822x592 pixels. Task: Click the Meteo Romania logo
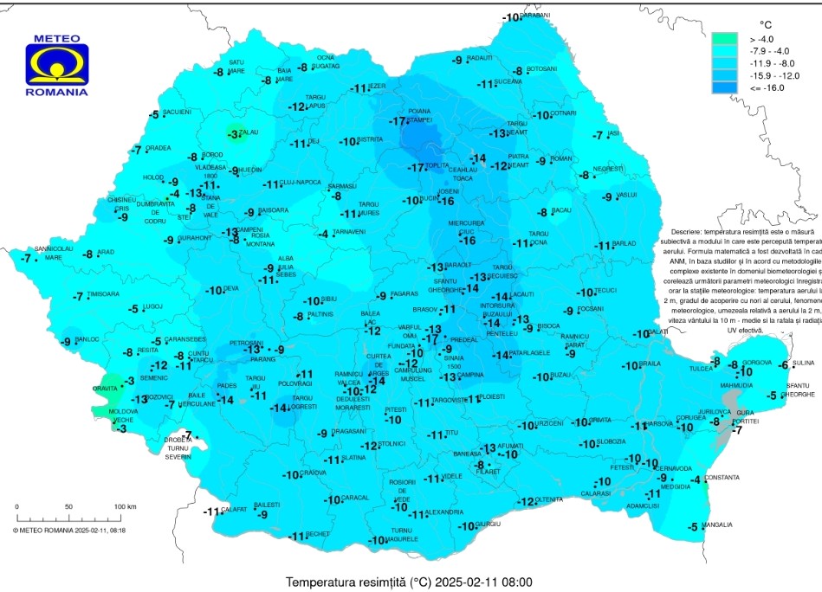(56, 66)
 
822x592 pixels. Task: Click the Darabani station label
(537, 16)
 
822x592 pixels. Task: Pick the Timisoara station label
(103, 294)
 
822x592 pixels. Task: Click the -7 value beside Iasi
(598, 136)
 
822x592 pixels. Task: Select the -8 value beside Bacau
(542, 212)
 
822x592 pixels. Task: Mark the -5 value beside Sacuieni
(154, 114)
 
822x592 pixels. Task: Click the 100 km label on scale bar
(126, 506)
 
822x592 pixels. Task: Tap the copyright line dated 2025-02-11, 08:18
(69, 529)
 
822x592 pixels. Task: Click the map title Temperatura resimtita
(409, 582)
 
